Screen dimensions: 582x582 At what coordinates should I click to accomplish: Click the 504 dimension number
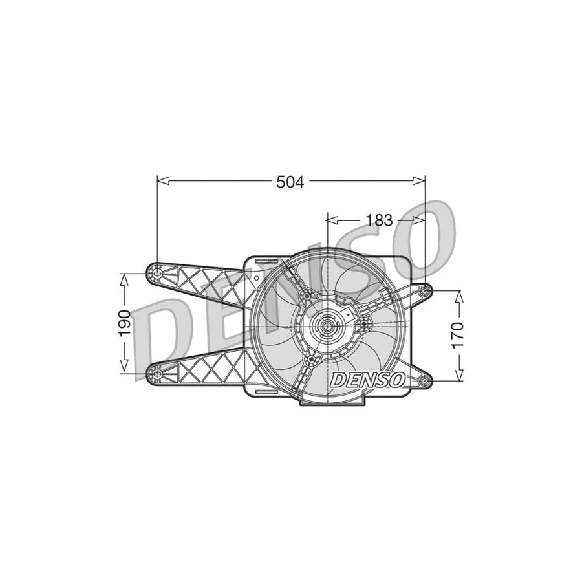coord(290,182)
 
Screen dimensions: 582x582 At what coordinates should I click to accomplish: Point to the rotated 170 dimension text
coord(457,335)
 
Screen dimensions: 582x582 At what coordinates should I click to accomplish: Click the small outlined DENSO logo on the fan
coord(367,380)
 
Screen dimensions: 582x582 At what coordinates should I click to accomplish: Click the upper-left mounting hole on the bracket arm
coord(156,273)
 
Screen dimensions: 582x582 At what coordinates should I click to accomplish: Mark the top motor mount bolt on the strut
coord(306,296)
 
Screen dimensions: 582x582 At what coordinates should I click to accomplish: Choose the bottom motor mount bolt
coord(312,359)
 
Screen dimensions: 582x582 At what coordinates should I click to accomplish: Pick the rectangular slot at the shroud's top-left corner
coord(264,261)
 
